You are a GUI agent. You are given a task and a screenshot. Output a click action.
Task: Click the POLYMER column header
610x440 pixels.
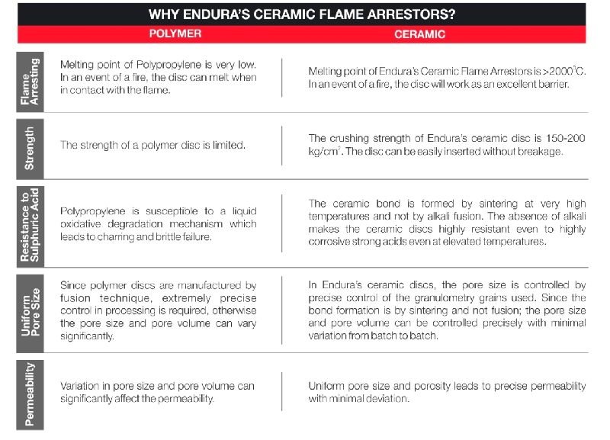pos(175,34)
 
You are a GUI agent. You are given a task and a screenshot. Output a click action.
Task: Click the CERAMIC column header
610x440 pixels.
pos(419,34)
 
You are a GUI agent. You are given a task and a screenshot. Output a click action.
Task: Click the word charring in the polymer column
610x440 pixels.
pos(123,236)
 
